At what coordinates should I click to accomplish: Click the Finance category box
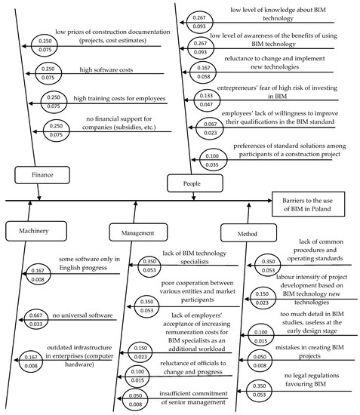pyautogui.click(x=42, y=174)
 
